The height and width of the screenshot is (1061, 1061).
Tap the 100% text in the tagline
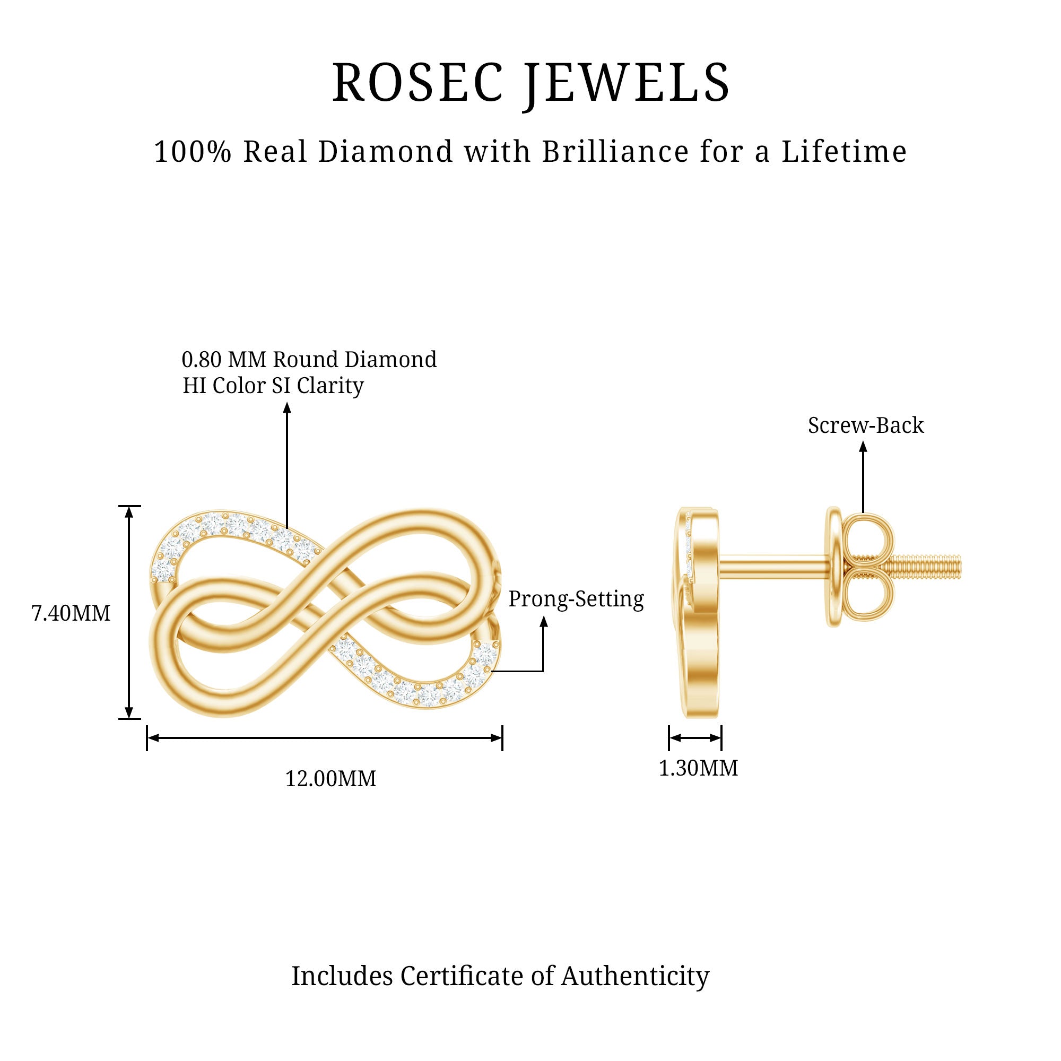193,152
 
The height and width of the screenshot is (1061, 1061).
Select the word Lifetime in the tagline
844,152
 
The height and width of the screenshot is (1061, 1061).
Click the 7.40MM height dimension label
72,613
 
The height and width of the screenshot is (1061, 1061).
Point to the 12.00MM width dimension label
331,779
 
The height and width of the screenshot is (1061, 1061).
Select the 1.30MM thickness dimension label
698,768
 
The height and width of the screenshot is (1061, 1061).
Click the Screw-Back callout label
865,425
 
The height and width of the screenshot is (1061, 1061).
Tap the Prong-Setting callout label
576,598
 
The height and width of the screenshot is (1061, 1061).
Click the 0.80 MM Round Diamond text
309,360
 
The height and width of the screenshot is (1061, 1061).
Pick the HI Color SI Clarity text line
273,386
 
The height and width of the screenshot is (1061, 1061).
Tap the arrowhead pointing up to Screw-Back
863,447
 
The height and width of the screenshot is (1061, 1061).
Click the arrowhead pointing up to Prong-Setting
544,622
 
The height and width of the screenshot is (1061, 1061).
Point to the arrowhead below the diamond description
286,407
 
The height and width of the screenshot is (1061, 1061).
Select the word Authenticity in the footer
635,976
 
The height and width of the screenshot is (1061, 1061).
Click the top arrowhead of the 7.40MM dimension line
129,512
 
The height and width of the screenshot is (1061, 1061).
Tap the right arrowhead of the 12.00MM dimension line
496,737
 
